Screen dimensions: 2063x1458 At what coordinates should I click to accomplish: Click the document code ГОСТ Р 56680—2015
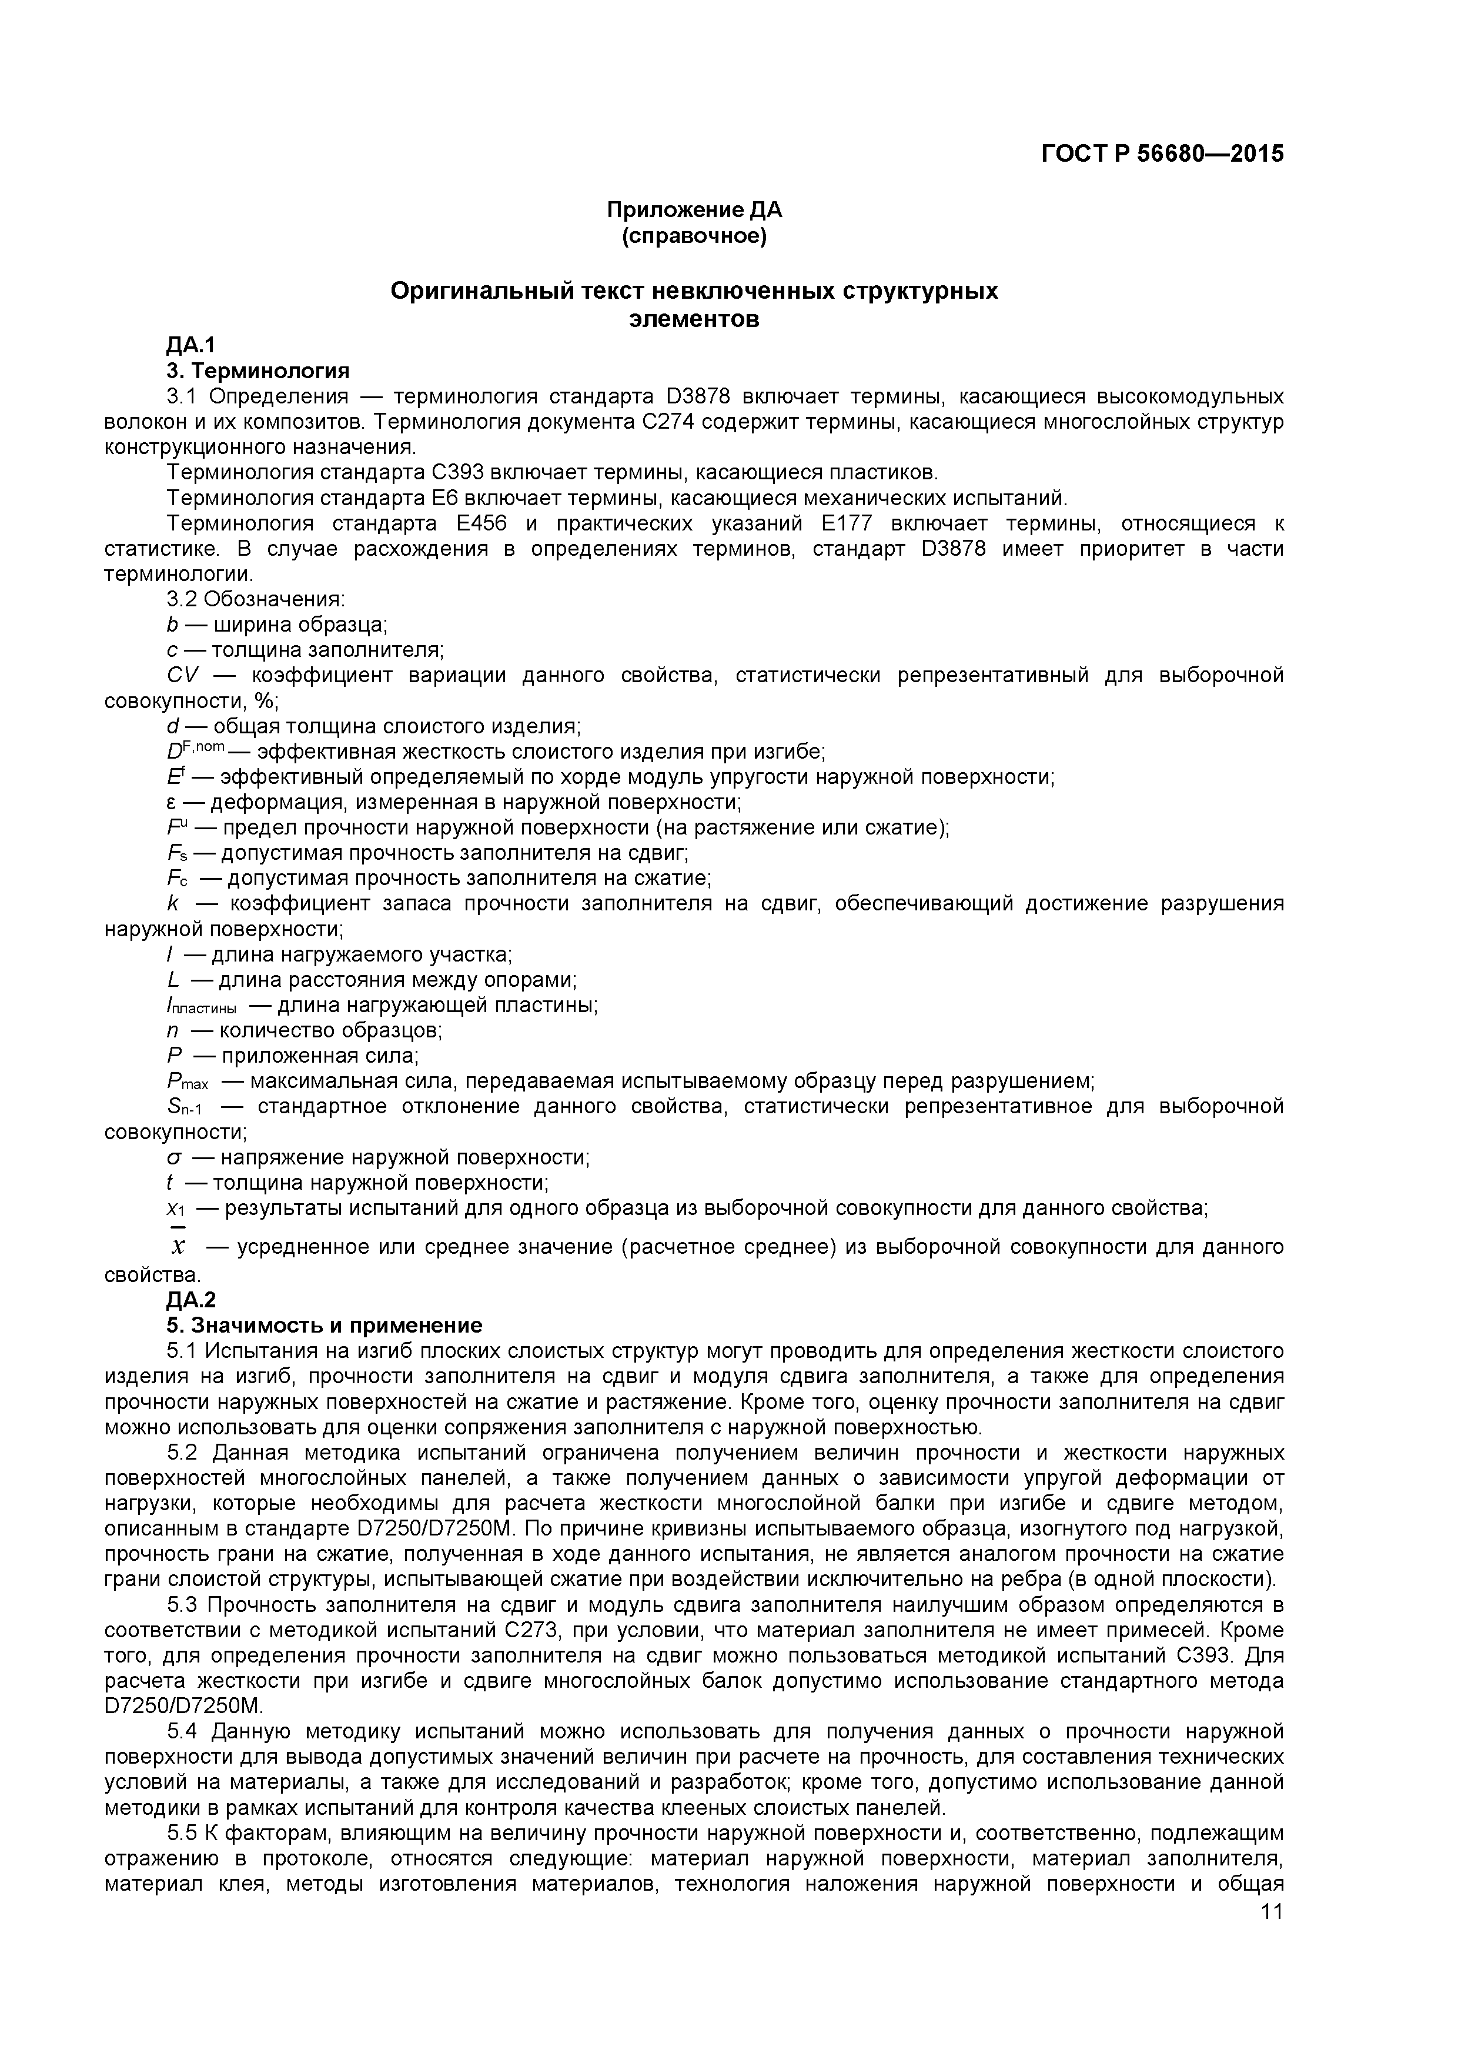(1162, 153)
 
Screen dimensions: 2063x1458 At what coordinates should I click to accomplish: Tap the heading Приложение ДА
(694, 211)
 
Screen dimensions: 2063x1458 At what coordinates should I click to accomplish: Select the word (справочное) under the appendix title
(694, 236)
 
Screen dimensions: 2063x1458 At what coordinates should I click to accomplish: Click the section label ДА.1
(190, 345)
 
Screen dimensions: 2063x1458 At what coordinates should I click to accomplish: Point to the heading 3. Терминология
(258, 370)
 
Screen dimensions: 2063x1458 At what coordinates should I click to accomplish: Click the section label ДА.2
(190, 1299)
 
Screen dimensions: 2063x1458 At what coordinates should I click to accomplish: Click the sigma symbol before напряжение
(174, 1158)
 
